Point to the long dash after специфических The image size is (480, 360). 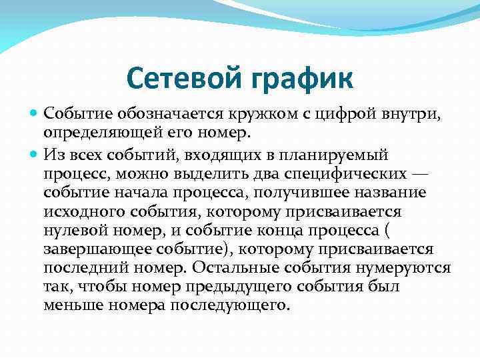421,173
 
